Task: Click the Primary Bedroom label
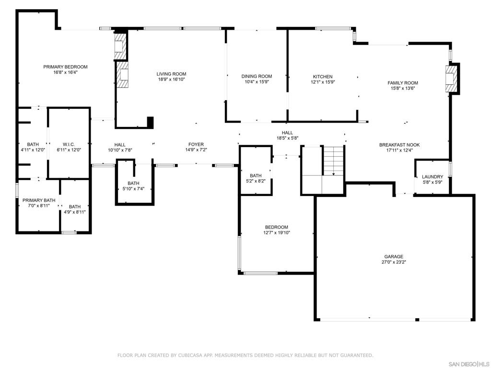coord(65,67)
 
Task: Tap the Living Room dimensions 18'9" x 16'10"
coord(171,80)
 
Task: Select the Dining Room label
coord(257,76)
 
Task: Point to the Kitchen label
coord(323,76)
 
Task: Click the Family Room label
coord(403,82)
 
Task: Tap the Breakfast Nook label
coord(399,145)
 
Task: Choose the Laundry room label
coord(433,176)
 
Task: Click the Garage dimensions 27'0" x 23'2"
coord(394,262)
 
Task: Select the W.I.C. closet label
coord(69,144)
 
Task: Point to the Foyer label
coord(196,144)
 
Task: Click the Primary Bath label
coord(39,200)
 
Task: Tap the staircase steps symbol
coord(333,160)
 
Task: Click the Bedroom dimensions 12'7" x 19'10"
coord(277,232)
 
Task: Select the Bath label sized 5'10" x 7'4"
coord(133,183)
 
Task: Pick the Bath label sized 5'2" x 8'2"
coord(256,175)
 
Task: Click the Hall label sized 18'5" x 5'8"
coord(287,133)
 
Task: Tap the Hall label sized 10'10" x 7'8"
coord(120,145)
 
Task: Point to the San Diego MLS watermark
coord(468,364)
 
